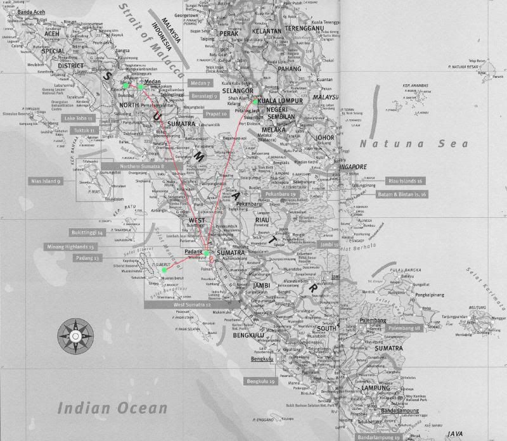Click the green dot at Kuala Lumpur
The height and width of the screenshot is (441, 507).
point(255,101)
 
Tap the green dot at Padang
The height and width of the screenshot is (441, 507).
point(207,253)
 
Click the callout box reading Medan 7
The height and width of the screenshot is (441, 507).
point(201,83)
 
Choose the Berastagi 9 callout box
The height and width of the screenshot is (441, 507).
point(204,95)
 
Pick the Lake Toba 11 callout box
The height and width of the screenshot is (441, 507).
point(80,118)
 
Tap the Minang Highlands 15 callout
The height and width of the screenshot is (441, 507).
point(71,246)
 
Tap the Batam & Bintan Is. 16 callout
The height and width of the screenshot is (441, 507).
point(402,193)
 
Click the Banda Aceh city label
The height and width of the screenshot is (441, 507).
point(29,12)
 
